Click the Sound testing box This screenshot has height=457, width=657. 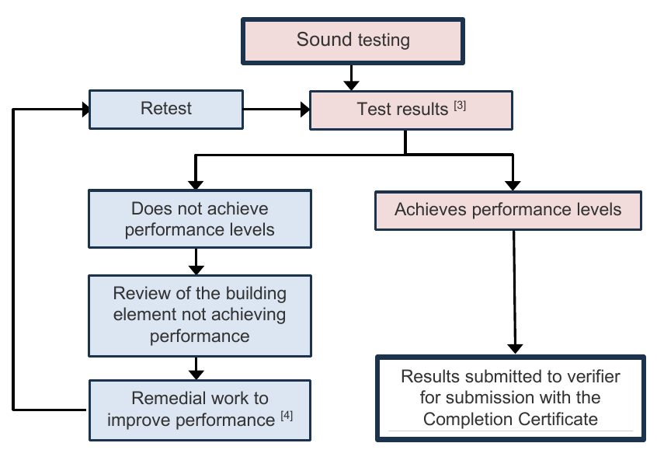tap(353, 41)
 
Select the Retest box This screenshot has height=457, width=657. tap(166, 110)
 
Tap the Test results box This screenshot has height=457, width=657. tap(411, 110)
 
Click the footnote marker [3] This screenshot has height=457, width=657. tap(460, 105)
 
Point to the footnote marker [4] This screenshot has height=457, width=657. tap(287, 416)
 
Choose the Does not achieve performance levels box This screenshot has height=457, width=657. tap(200, 219)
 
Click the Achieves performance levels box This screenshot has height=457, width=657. tap(508, 211)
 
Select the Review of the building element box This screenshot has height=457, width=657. tap(200, 316)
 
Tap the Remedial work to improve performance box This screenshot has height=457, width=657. tap(200, 410)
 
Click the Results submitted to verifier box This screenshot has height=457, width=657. tap(510, 398)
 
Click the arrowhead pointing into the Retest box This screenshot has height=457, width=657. tap(86, 110)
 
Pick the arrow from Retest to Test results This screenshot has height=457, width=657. tap(276, 110)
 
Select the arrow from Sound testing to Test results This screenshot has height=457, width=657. tap(351, 78)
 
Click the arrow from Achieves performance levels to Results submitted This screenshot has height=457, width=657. tap(514, 292)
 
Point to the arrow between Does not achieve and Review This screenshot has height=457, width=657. tap(196, 262)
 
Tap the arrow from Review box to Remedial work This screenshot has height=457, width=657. tap(196, 368)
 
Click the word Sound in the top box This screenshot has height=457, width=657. tap(324, 40)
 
